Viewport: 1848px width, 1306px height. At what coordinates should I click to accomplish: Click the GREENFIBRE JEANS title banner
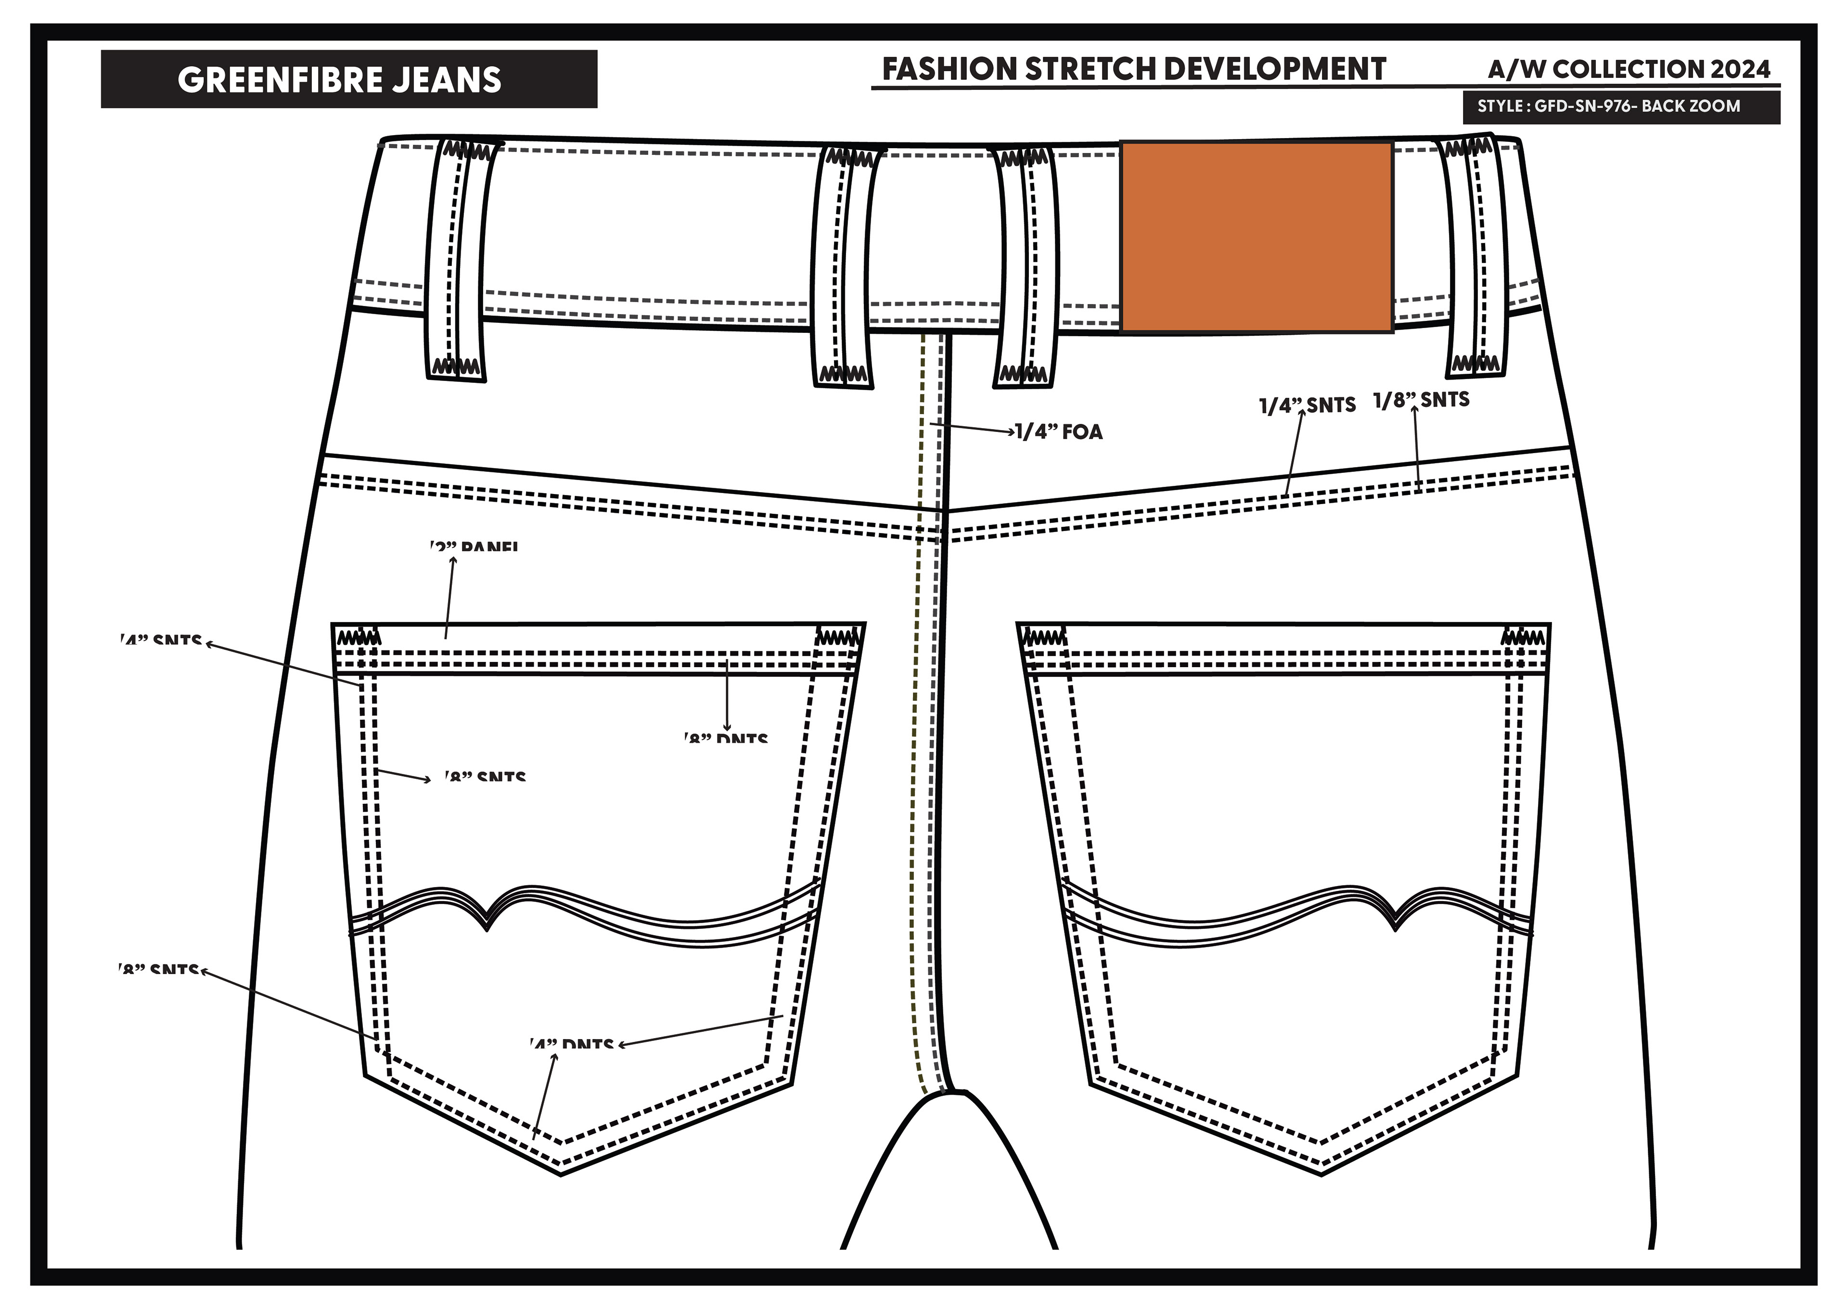click(x=348, y=79)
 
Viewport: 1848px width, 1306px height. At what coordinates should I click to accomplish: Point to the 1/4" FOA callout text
click(x=1058, y=432)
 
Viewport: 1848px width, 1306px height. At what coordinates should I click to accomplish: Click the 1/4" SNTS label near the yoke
click(x=1307, y=405)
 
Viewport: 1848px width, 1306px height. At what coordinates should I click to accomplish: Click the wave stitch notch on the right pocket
click(x=1397, y=926)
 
